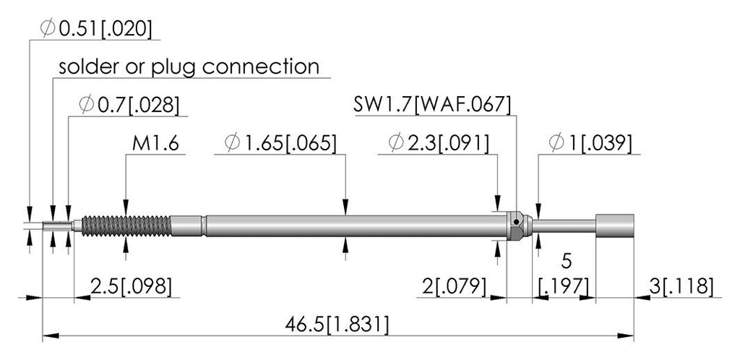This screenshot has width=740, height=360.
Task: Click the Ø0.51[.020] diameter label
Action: pyautogui.click(x=96, y=29)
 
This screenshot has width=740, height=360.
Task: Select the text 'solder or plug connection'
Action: pyautogui.click(x=189, y=67)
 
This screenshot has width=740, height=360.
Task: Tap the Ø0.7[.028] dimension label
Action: pyautogui.click(x=129, y=105)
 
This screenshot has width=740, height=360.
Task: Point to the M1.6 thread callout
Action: pyautogui.click(x=155, y=143)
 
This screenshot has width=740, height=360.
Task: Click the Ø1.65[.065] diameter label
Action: pyautogui.click(x=281, y=143)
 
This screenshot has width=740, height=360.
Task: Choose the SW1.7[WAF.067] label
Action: pyautogui.click(x=432, y=105)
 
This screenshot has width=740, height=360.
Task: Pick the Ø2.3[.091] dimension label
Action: pyautogui.click(x=439, y=143)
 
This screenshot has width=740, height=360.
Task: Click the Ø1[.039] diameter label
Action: pyautogui.click(x=590, y=143)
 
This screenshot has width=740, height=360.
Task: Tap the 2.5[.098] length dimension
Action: pyautogui.click(x=131, y=286)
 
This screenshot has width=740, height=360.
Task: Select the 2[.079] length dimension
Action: pyautogui.click(x=454, y=286)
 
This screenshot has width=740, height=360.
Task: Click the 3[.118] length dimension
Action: pyautogui.click(x=681, y=286)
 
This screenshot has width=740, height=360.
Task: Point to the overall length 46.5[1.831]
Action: pyautogui.click(x=337, y=325)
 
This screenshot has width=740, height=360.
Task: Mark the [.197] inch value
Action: pyautogui.click(x=564, y=286)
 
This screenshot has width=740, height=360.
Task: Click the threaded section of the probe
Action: pyautogui.click(x=126, y=226)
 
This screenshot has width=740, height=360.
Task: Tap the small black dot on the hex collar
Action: pyautogui.click(x=517, y=221)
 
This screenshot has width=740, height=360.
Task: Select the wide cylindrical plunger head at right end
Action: pyautogui.click(x=614, y=226)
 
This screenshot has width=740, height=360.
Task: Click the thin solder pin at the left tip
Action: pyautogui.click(x=58, y=226)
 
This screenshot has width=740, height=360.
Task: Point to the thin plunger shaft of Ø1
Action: pyautogui.click(x=564, y=226)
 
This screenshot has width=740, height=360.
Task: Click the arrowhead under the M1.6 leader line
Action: pyautogui.click(x=126, y=207)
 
